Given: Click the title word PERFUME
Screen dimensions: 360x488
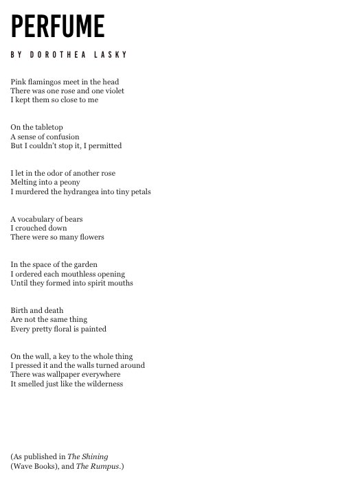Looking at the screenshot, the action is click(x=58, y=27).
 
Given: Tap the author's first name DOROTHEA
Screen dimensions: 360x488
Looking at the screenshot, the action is click(x=59, y=55).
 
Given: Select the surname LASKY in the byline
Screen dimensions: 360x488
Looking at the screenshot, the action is click(x=113, y=55).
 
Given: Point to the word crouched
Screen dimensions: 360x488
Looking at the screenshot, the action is click(x=34, y=228).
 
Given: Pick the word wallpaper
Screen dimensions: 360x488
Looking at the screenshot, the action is click(x=69, y=375).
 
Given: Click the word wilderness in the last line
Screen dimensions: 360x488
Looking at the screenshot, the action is click(x=102, y=384).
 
